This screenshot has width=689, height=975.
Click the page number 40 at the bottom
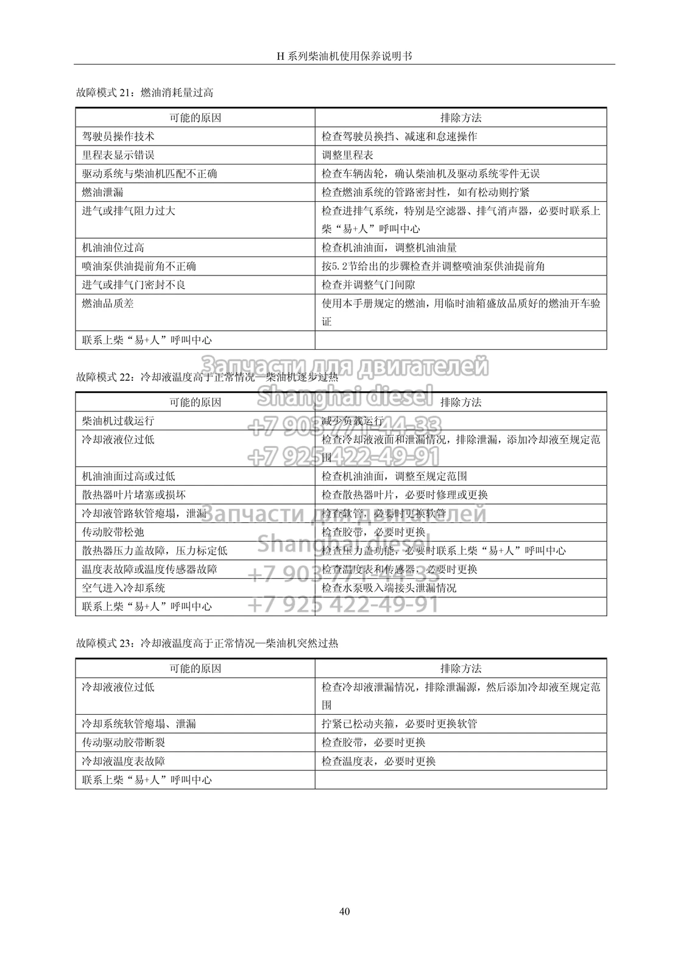pyautogui.click(x=344, y=912)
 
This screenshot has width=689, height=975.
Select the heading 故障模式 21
pyautogui.click(x=144, y=93)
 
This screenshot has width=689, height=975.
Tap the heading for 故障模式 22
pyautogui.click(x=207, y=378)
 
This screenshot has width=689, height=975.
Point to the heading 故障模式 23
pyautogui.click(x=207, y=643)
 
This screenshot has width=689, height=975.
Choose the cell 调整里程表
pyautogui.click(x=347, y=155)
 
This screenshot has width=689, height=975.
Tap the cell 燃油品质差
pyautogui.click(x=108, y=303)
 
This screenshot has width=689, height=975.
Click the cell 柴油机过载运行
pyautogui.click(x=118, y=421)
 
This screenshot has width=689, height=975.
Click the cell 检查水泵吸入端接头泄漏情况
pyautogui.click(x=389, y=588)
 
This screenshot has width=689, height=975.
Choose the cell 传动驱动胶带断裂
pyautogui.click(x=124, y=743)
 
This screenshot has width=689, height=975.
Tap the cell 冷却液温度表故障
pyautogui.click(x=124, y=761)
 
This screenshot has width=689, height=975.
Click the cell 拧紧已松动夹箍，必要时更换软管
pyautogui.click(x=399, y=724)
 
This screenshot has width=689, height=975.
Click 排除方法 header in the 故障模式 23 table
pyautogui.click(x=461, y=668)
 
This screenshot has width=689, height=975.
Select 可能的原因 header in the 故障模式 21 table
pyautogui.click(x=195, y=118)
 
